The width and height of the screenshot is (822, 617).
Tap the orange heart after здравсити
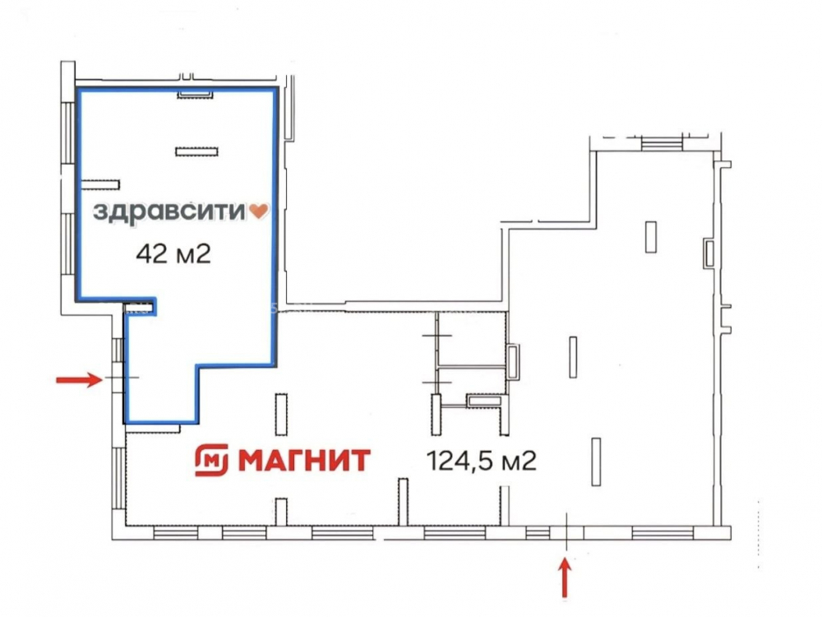pos(258,211)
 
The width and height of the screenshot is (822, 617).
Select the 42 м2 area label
pos(173,254)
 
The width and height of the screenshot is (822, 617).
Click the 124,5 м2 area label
pos(482,462)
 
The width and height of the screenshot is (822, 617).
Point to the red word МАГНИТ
pos(305,460)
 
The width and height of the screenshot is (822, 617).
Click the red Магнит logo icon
pos(212,460)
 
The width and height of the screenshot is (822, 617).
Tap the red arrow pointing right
pos(79,378)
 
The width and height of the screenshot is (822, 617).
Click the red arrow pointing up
pos(565,578)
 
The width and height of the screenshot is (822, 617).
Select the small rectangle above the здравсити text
pos(196,151)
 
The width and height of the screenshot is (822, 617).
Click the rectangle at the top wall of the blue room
pos(195,94)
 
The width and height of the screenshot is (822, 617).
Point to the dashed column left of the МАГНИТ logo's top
pos(281,415)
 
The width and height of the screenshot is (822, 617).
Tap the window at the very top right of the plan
pos(661,142)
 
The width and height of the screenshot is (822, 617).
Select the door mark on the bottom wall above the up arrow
pos(566,532)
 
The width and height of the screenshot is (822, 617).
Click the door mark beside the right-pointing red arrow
pos(122,378)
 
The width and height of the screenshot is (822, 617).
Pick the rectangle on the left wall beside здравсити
pos(100,184)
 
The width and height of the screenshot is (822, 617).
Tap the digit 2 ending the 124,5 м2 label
pos(530,462)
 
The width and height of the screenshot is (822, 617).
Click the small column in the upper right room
pos(650,237)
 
